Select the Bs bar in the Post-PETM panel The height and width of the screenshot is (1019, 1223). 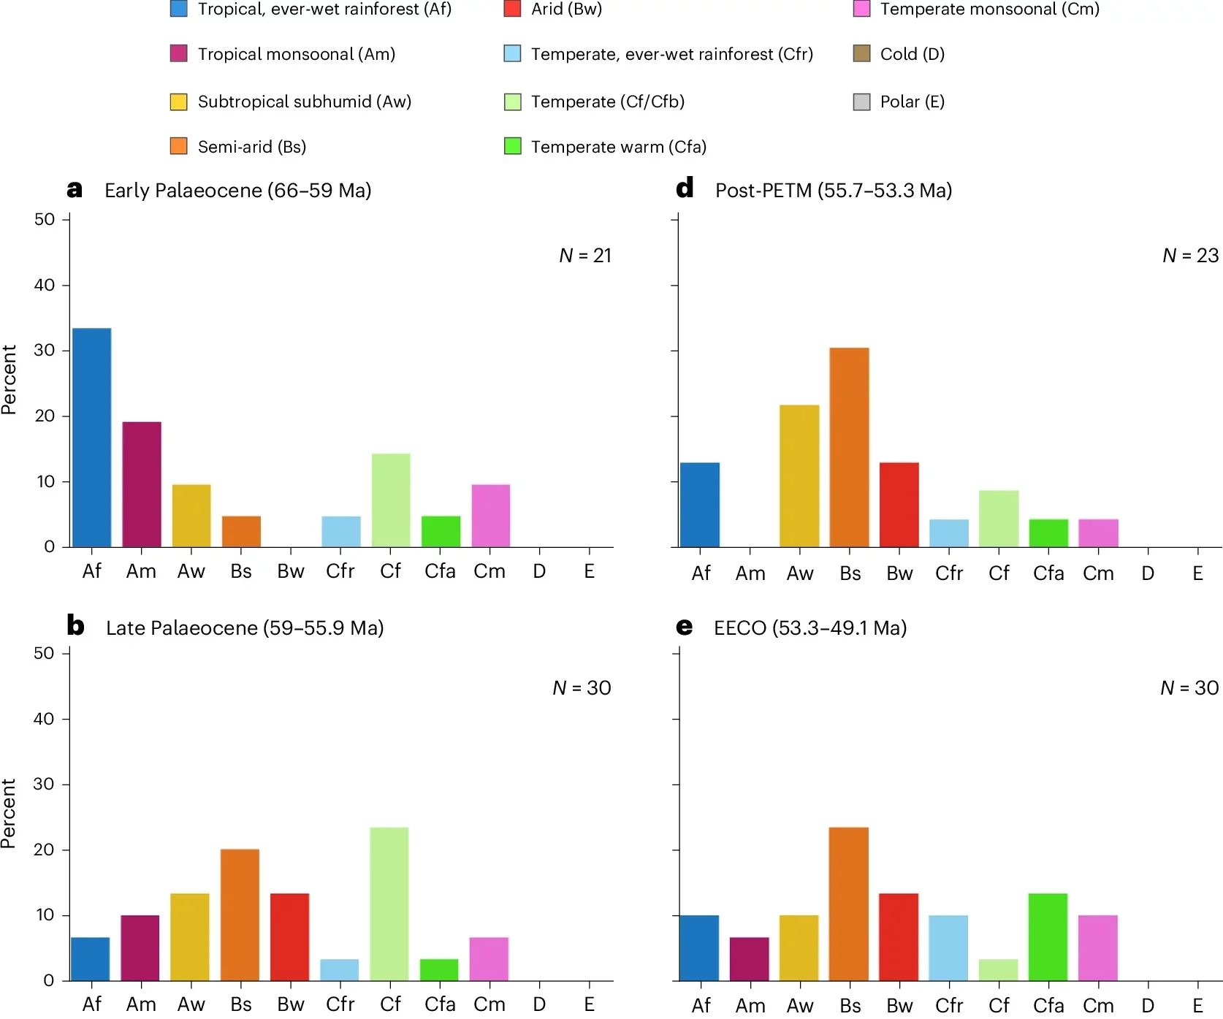click(849, 447)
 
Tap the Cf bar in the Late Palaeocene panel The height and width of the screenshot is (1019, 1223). click(389, 904)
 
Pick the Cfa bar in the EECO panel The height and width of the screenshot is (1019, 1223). click(1048, 936)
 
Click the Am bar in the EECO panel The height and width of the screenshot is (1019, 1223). click(749, 958)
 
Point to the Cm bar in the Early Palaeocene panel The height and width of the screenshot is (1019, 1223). click(490, 515)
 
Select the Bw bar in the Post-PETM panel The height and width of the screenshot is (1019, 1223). click(899, 504)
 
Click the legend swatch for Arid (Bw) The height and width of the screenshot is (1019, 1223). click(512, 9)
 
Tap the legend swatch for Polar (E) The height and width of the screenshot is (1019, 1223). click(861, 102)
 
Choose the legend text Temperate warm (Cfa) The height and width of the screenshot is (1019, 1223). click(618, 147)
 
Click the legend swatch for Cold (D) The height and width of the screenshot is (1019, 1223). click(861, 53)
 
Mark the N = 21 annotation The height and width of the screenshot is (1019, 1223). click(584, 255)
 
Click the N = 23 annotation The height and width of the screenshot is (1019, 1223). click(1190, 255)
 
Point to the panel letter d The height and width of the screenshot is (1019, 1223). click(685, 188)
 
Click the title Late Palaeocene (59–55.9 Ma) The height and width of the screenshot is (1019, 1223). click(245, 627)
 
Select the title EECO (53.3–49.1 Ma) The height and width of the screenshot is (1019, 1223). click(809, 627)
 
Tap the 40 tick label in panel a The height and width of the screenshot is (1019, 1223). click(45, 285)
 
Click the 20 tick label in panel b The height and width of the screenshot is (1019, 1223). click(44, 850)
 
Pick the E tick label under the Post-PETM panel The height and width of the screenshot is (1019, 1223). click(1197, 573)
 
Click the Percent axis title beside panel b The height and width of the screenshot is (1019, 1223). click(9, 813)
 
